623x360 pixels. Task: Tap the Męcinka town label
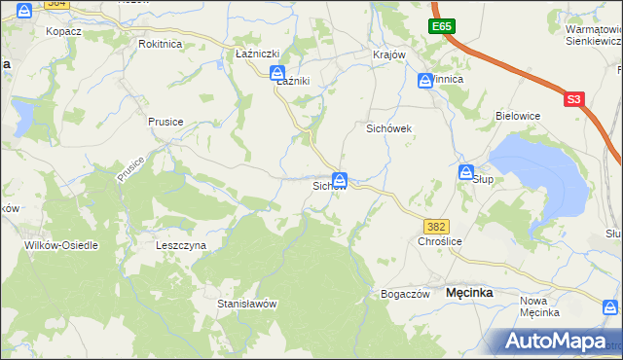(x=468, y=292)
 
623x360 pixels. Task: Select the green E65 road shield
(x=444, y=26)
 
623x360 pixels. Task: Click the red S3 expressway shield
(x=574, y=99)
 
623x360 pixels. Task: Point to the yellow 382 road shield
(x=436, y=226)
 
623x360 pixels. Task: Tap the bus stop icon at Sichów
(x=340, y=179)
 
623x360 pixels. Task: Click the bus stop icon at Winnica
(x=425, y=81)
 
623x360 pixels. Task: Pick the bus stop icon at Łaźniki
(x=277, y=73)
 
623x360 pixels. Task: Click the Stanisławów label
(x=247, y=304)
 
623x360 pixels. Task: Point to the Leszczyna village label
(x=181, y=246)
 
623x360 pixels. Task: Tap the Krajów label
(x=388, y=54)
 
